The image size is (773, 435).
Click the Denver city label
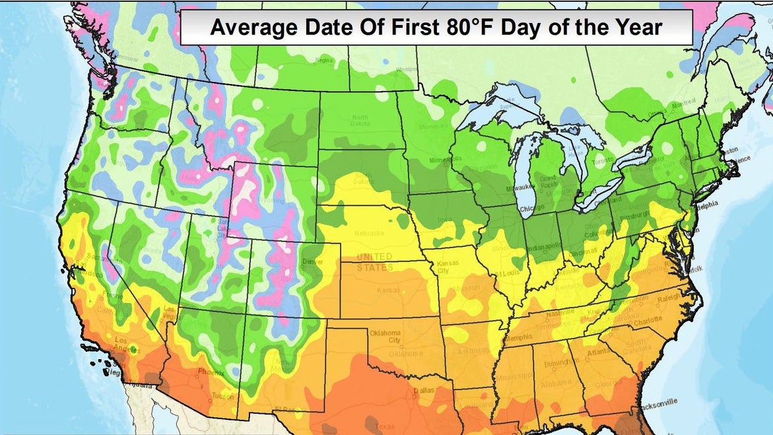coord(312,262)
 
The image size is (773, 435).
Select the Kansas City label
coord(447,267)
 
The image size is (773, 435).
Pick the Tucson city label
coord(222,396)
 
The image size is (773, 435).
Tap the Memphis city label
coord(520,337)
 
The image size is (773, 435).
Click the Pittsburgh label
coord(637,215)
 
